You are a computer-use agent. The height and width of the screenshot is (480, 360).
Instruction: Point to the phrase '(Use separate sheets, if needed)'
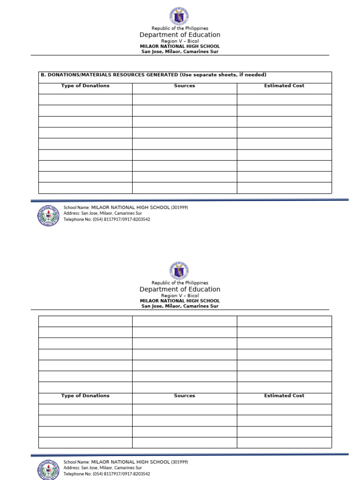pos(222,75)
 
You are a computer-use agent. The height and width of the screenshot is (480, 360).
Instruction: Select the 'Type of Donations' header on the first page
pos(85,86)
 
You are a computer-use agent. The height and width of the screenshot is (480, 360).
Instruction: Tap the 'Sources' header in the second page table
pos(184,396)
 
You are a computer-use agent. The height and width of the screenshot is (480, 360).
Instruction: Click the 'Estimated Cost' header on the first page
pos(284,86)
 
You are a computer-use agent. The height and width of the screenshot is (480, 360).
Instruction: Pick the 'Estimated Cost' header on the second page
pos(284,396)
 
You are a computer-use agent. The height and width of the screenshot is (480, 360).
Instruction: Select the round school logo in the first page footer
pos(48,216)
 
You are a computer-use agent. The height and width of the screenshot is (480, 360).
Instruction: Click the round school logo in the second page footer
pos(48,470)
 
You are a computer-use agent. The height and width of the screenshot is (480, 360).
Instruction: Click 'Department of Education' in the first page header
pos(180,35)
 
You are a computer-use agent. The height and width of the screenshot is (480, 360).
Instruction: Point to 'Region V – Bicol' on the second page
pos(180,296)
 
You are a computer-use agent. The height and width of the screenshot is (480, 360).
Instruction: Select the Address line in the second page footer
pos(103,468)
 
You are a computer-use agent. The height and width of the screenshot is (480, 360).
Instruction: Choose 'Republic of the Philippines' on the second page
pos(180,283)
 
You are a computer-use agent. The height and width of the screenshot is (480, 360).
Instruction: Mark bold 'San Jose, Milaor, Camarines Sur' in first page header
pos(180,52)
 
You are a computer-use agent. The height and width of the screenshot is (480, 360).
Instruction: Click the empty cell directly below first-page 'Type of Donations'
pos(85,99)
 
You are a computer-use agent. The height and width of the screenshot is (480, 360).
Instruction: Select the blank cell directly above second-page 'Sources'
pos(184,387)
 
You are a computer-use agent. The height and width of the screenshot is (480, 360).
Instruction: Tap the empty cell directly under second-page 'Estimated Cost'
pos(284,409)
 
